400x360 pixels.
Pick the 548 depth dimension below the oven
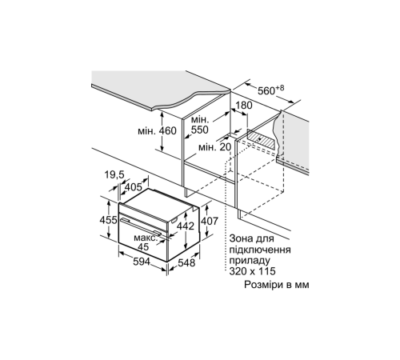click(x=187, y=261)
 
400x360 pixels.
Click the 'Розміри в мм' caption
click(x=276, y=285)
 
